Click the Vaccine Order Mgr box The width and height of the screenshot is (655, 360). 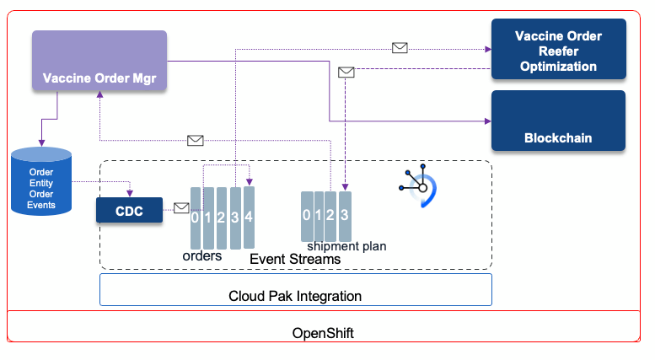(x=99, y=61)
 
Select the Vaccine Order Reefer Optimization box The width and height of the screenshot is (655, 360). (x=559, y=49)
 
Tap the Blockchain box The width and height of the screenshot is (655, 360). (x=558, y=121)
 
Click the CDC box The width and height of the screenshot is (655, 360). (x=129, y=210)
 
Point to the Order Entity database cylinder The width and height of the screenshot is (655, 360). (x=41, y=181)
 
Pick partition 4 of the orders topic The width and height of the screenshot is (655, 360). (x=249, y=218)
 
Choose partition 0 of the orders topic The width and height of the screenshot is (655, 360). (x=195, y=218)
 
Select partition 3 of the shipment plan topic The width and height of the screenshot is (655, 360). (x=345, y=216)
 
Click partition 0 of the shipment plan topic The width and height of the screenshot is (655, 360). (x=307, y=216)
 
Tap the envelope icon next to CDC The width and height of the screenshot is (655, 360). (x=181, y=207)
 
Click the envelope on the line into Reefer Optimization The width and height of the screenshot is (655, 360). (x=400, y=48)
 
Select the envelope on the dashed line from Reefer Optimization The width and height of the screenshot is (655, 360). (x=346, y=73)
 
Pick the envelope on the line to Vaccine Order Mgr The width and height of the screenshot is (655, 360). (x=196, y=140)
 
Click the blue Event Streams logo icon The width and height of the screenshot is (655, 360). (x=419, y=185)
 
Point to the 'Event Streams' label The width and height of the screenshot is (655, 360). (x=295, y=260)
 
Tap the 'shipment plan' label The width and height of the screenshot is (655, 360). (x=346, y=246)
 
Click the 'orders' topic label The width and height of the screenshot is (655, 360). (x=202, y=255)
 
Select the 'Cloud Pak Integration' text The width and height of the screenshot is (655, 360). (x=295, y=296)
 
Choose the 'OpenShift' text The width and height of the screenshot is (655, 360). (x=323, y=333)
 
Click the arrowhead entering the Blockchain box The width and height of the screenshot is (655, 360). (x=488, y=121)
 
